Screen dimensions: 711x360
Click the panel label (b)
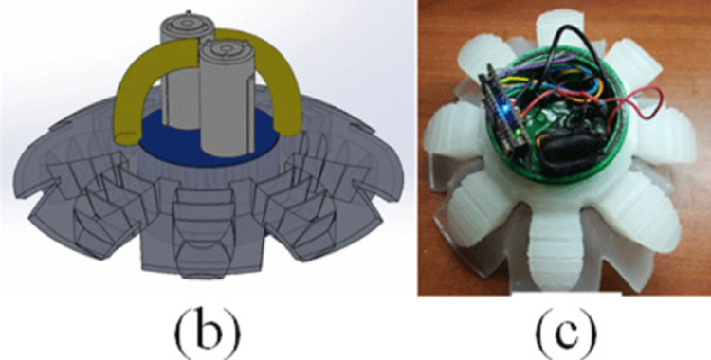[208, 333]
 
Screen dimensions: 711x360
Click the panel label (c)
[566, 333]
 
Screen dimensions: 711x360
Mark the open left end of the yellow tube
[125, 137]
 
